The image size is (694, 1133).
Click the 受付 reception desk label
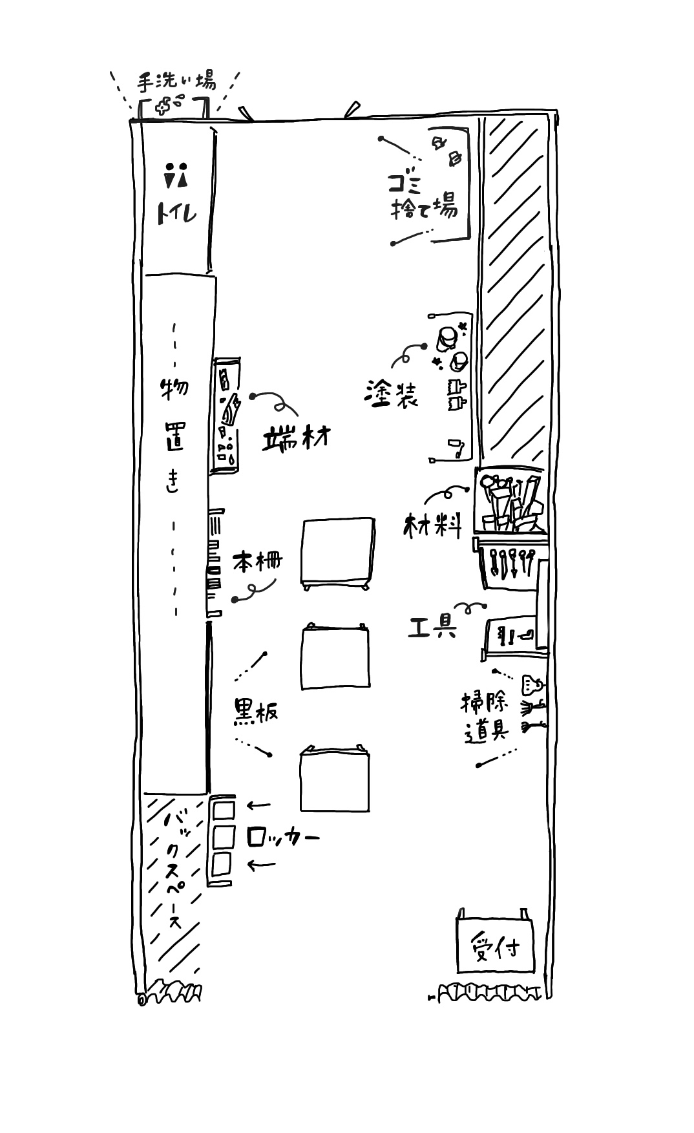[x=496, y=948]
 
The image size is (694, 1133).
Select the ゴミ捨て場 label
[x=423, y=197]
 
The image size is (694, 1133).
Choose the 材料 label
[x=433, y=525]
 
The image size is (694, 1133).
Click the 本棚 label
[x=257, y=560]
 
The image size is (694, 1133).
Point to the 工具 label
[x=433, y=627]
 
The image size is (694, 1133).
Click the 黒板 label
[x=255, y=712]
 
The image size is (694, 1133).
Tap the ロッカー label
[x=283, y=838]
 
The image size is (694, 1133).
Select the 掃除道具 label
[x=485, y=716]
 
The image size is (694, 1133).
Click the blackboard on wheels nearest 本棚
[x=337, y=553]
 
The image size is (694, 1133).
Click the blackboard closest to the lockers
[x=335, y=778]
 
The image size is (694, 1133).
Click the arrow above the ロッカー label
[x=258, y=805]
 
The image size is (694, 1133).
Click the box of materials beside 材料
[x=510, y=500]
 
